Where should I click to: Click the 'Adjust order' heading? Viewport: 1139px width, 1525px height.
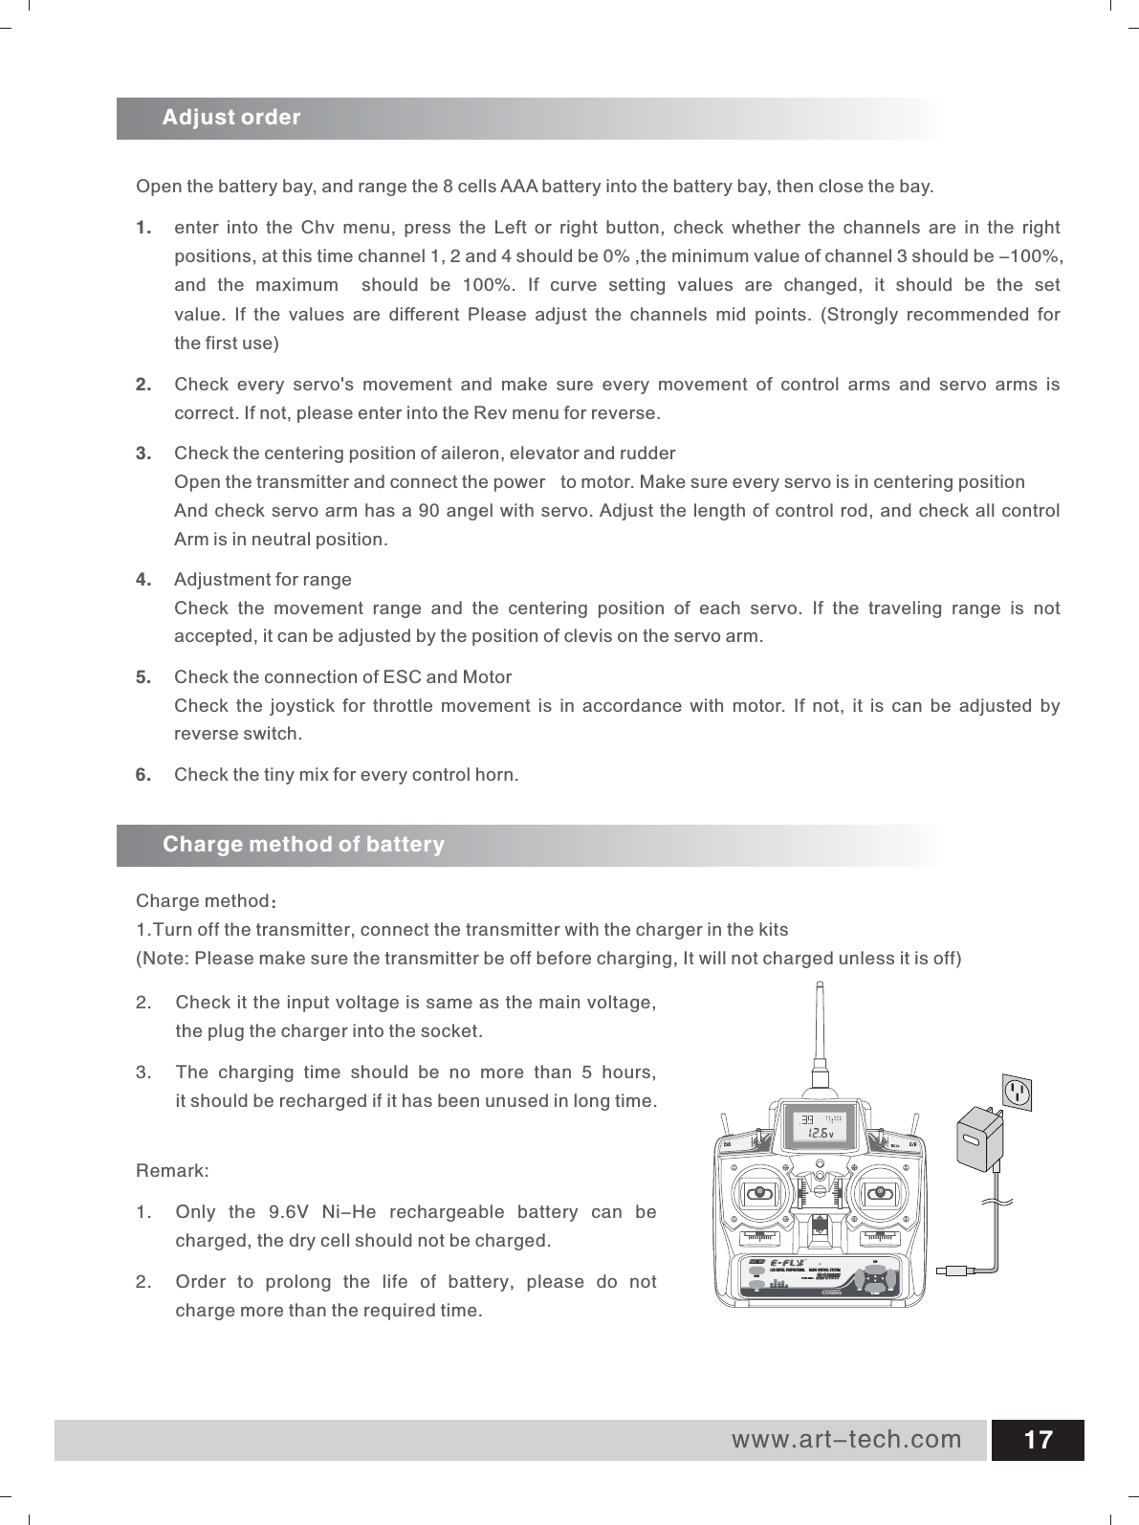tap(230, 118)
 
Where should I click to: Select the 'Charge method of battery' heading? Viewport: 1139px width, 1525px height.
tap(303, 845)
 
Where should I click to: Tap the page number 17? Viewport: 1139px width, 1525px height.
tap(1038, 1440)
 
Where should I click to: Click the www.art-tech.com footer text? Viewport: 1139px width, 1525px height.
tap(846, 1439)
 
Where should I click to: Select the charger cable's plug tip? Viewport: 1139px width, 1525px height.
tap(953, 1271)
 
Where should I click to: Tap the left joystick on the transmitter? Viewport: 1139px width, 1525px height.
tap(759, 1193)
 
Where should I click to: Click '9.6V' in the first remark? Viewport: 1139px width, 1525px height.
tap(287, 1212)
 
